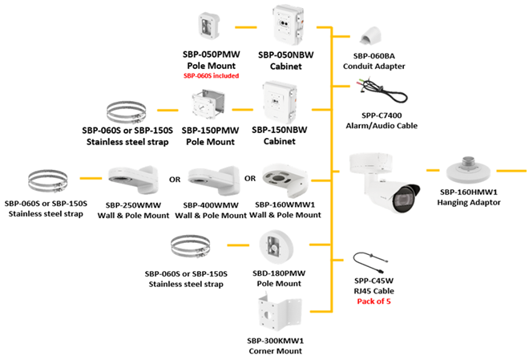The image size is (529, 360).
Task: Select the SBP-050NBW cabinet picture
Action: pos(287,26)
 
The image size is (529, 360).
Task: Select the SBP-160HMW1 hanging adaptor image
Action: pos(470,170)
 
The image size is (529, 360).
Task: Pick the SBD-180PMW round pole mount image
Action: pos(277,250)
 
